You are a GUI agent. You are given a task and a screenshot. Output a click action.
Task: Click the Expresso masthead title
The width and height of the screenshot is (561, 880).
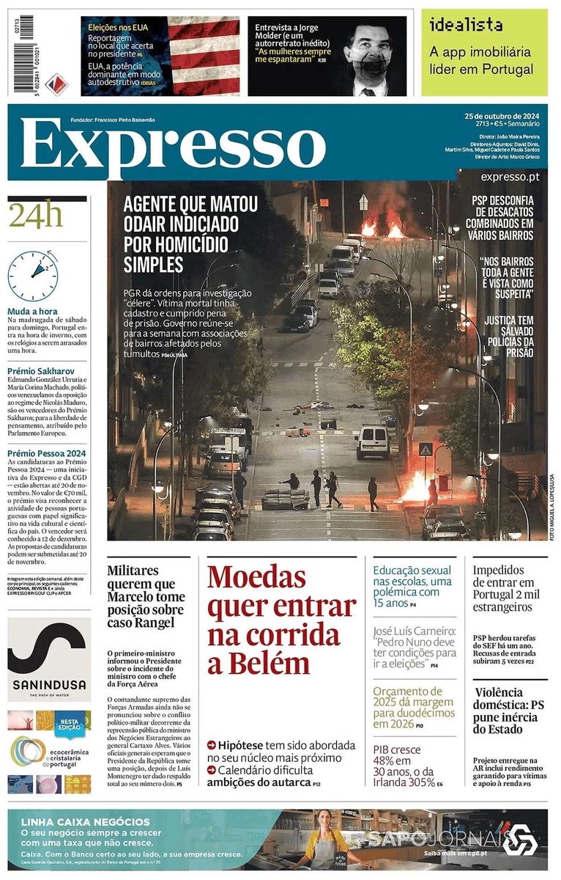pos(173,144)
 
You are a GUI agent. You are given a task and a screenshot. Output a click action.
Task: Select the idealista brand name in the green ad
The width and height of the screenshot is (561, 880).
pos(466,25)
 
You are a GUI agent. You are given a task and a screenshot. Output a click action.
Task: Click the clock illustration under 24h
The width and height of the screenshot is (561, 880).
pos(33,276)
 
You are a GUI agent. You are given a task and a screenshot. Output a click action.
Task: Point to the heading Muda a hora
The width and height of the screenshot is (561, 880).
pos(32,311)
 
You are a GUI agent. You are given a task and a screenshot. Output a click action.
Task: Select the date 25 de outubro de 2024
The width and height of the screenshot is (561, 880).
pos(502,116)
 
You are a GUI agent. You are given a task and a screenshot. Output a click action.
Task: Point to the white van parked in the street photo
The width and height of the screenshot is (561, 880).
pos(373,441)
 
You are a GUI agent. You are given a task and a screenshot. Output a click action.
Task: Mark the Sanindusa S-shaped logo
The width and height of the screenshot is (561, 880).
pos(49,648)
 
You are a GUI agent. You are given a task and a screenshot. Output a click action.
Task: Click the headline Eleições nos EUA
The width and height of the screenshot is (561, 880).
pos(119,27)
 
